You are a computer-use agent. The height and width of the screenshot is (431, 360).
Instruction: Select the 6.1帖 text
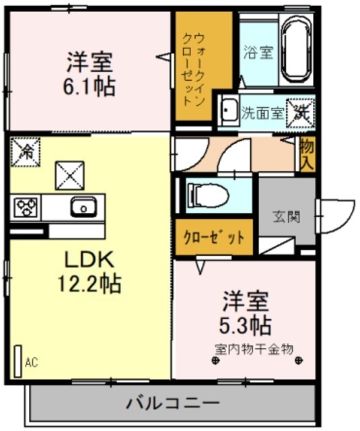click(x=89, y=87)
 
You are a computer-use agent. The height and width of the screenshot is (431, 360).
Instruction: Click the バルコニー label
click(x=173, y=403)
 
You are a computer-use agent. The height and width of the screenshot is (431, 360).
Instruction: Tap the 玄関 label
click(x=287, y=217)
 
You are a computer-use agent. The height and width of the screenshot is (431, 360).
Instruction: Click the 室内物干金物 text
click(x=254, y=349)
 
